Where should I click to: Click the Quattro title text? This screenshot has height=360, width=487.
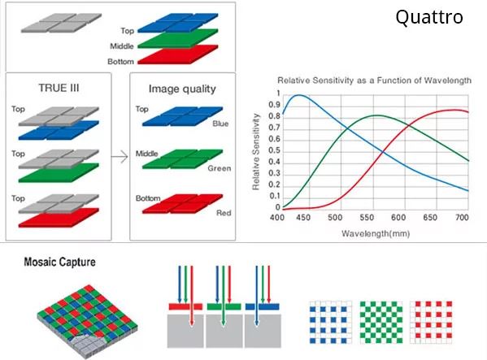[429, 17]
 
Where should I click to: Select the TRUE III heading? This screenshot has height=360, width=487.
[59, 88]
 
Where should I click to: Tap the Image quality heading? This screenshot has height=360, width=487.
[182, 89]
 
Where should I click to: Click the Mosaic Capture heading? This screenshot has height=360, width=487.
[59, 262]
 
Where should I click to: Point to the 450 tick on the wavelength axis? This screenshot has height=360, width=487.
[302, 217]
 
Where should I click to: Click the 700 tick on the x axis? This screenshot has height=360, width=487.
[462, 217]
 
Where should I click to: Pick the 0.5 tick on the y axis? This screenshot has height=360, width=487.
[274, 150]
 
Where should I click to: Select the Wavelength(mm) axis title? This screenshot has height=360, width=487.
[376, 233]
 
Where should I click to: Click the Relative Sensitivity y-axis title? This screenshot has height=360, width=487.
[256, 152]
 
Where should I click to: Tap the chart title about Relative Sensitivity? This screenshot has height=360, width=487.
[374, 80]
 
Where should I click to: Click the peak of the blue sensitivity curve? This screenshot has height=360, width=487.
[298, 95]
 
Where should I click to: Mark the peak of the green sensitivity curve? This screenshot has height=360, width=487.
[376, 115]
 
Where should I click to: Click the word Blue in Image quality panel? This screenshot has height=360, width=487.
[220, 124]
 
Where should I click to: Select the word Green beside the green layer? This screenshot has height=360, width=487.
[220, 168]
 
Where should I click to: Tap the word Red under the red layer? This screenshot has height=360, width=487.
[224, 213]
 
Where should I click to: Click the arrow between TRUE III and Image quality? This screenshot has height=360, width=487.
[120, 156]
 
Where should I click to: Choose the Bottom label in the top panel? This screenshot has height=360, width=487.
[121, 62]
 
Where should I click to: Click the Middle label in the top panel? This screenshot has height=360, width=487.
[122, 46]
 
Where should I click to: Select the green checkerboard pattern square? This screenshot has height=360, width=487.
[381, 322]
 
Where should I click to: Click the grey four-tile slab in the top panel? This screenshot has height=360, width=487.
[61, 23]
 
